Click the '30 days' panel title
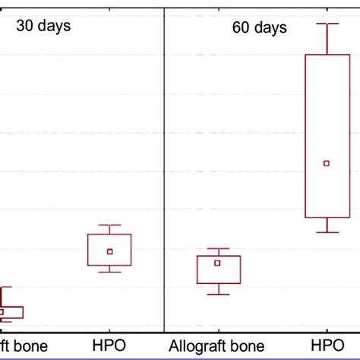tap(44, 27)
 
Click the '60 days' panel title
tap(260, 28)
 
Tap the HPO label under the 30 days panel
tap(109, 346)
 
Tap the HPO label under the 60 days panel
tap(327, 346)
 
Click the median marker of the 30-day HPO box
tap(109, 251)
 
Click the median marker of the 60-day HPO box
tap(327, 163)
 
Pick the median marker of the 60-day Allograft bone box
tap(217, 263)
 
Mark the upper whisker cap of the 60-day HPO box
tap(327, 24)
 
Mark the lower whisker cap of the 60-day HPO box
tap(327, 232)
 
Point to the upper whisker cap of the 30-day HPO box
tap(109, 226)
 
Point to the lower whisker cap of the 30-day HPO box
tap(109, 272)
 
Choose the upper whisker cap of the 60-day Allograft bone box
tap(219, 249)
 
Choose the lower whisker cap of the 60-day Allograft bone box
tap(219, 294)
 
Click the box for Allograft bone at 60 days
tap(219, 275)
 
